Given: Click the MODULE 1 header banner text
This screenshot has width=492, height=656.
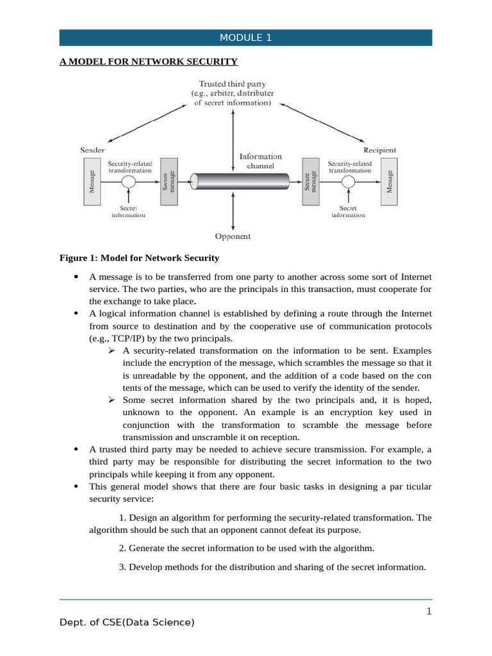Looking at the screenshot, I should (x=245, y=38).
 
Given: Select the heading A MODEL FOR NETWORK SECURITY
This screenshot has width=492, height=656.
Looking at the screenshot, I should (x=149, y=61).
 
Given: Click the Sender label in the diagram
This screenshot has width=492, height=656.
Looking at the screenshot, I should (x=92, y=150).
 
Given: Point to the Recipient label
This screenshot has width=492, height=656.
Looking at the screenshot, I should (x=380, y=150).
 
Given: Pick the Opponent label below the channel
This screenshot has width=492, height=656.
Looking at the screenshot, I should (x=233, y=236).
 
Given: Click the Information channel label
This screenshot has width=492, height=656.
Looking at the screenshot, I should (x=260, y=160).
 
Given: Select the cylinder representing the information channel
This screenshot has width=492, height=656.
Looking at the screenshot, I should (x=233, y=181).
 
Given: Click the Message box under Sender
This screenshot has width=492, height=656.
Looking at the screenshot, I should (x=92, y=181).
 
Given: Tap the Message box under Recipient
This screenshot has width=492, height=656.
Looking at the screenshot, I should (x=389, y=181).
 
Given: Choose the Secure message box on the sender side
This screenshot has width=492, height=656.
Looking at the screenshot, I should (x=169, y=181).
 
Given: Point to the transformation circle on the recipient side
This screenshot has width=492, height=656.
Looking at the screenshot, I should (x=348, y=182).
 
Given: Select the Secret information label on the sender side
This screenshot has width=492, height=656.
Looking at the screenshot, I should (x=128, y=211).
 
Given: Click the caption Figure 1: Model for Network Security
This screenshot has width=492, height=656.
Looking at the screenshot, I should (x=139, y=258).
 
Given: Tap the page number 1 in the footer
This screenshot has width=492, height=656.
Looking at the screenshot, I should (x=429, y=611).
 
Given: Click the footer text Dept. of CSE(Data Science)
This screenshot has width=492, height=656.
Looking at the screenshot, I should (x=127, y=622).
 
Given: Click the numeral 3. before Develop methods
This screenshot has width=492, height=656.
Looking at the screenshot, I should (x=122, y=567).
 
